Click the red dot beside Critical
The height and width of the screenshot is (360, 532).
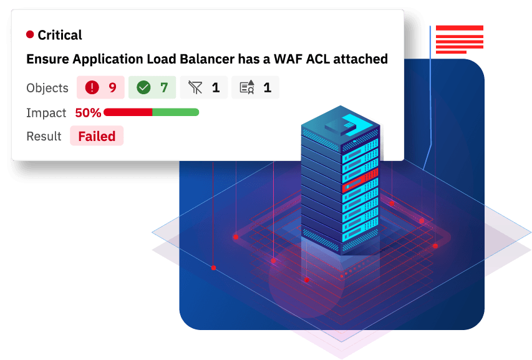[30, 34]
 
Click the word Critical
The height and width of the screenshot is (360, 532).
[60, 35]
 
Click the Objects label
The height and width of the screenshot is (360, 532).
[47, 88]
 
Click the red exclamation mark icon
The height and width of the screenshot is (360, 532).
[92, 87]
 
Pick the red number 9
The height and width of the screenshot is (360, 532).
[113, 87]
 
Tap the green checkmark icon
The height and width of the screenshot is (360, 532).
[143, 87]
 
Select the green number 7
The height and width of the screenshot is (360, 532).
[164, 87]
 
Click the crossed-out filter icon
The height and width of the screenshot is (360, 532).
[195, 87]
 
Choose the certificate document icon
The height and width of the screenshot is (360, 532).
[247, 87]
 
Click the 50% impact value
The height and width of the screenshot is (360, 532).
[88, 113]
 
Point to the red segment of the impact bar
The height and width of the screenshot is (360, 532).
[128, 112]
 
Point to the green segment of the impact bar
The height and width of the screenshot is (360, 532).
[176, 112]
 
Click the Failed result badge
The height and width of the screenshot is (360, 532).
[97, 136]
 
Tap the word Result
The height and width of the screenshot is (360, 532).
[44, 136]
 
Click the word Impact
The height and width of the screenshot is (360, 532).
[46, 113]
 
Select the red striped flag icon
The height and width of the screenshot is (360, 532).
[460, 39]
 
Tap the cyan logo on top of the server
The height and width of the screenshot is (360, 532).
[352, 124]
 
